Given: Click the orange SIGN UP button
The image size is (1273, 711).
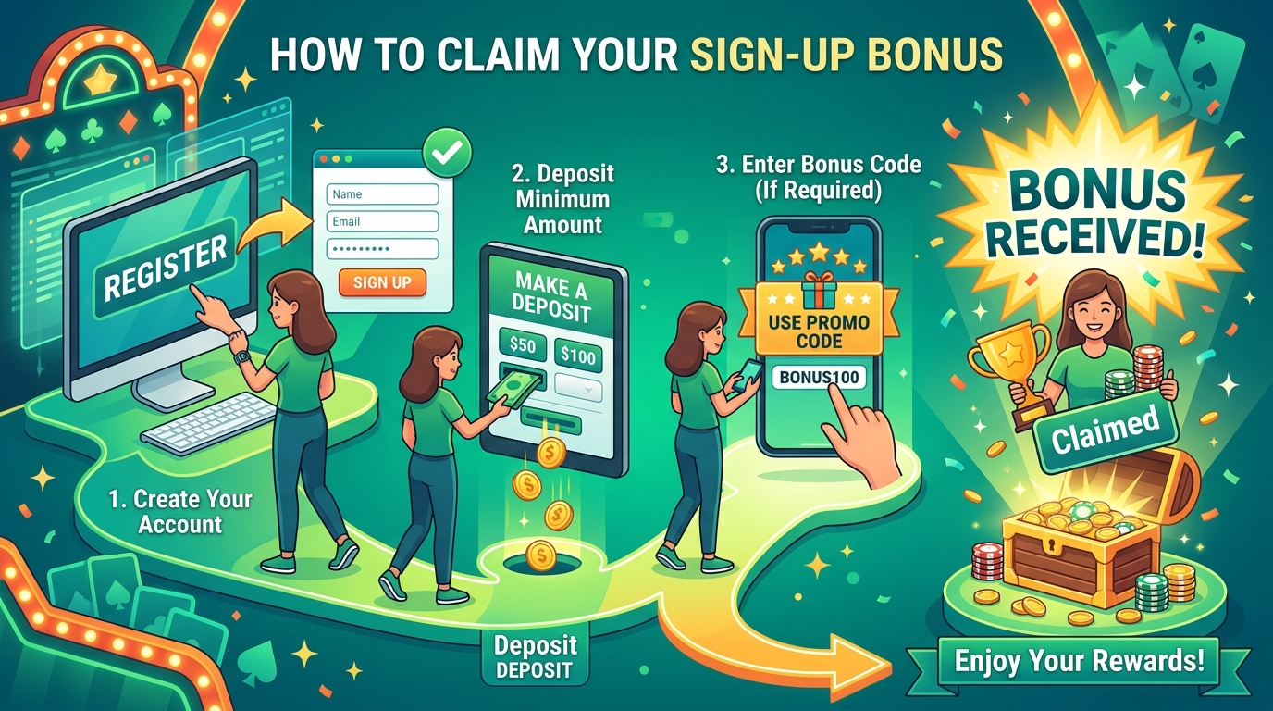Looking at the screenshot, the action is tap(382, 282).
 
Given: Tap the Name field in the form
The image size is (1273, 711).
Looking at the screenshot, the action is tap(382, 194).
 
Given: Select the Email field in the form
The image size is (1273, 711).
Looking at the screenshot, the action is tap(382, 221).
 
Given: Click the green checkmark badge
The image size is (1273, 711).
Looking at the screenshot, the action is tap(447, 152).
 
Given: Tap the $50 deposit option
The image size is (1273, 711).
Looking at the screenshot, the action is tap(523, 344).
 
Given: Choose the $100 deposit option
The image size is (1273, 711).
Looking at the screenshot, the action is tap(578, 355).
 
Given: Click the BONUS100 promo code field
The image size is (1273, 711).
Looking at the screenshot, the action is tap(819, 377).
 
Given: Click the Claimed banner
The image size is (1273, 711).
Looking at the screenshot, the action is tap(1105, 430).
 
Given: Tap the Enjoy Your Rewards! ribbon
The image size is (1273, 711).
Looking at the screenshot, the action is tap(1079, 661).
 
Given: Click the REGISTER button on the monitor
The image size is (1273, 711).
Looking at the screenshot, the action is tap(165, 268).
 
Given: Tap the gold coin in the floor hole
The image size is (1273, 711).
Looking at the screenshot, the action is tap(540, 555).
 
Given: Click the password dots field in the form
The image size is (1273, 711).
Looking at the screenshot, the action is tap(382, 248).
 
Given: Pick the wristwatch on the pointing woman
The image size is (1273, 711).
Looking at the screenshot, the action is tap(242, 356).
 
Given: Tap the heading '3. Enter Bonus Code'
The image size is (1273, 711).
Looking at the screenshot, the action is tap(819, 165).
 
